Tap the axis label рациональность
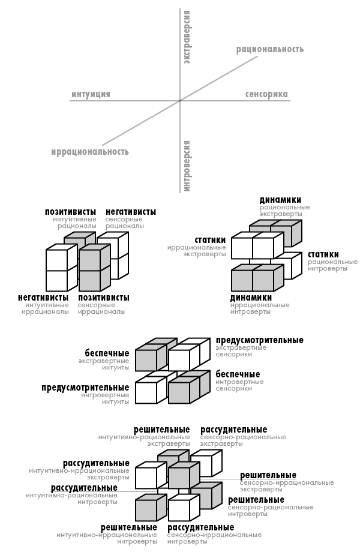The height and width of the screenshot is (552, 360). click(x=270, y=49)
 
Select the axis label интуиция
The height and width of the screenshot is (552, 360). click(x=91, y=94)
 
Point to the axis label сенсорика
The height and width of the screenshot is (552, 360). click(x=266, y=94)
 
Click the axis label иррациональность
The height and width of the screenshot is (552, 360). click(x=90, y=152)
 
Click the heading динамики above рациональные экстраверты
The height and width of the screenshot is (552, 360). click(x=280, y=200)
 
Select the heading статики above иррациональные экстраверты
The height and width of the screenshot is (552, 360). click(x=210, y=240)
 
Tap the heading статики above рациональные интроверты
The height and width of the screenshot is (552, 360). click(x=323, y=254)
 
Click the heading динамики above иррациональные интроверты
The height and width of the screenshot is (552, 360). click(x=251, y=298)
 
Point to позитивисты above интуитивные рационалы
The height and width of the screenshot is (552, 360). click(x=70, y=212)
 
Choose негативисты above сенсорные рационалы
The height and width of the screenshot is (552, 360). click(x=131, y=212)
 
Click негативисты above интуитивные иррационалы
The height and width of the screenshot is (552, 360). click(x=43, y=298)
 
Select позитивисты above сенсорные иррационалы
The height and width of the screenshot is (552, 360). click(x=104, y=298)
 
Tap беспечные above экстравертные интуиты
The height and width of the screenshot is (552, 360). click(x=107, y=353)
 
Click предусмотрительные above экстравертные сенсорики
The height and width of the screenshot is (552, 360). click(x=260, y=340)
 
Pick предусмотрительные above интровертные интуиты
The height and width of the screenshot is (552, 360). click(x=86, y=388)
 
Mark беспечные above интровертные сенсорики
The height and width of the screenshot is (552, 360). click(x=238, y=374)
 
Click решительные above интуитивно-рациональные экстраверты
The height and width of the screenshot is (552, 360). click(x=162, y=430)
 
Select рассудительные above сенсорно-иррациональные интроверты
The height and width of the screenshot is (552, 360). click(x=201, y=528)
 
